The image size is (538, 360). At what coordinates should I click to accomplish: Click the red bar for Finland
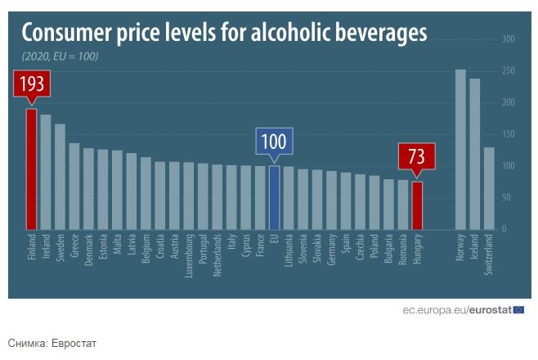click(31, 169)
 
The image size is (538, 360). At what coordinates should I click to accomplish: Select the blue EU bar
click(274, 197)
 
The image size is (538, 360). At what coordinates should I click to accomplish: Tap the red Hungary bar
click(417, 205)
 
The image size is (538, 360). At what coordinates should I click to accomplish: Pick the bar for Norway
click(460, 149)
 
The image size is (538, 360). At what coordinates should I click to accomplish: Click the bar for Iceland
click(474, 154)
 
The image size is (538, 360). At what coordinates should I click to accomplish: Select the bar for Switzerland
click(489, 188)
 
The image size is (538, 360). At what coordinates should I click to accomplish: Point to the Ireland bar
click(46, 172)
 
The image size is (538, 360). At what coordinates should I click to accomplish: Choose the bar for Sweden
click(60, 177)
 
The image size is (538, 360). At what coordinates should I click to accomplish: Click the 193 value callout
click(32, 84)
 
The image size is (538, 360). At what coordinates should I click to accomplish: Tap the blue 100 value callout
click(274, 142)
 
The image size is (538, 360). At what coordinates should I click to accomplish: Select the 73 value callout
click(416, 156)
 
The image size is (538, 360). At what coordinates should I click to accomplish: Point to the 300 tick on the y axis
click(508, 39)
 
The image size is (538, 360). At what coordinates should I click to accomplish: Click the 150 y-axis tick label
click(508, 134)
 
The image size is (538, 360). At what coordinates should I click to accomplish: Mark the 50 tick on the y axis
click(508, 198)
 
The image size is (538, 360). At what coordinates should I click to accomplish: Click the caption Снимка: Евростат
click(52, 342)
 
